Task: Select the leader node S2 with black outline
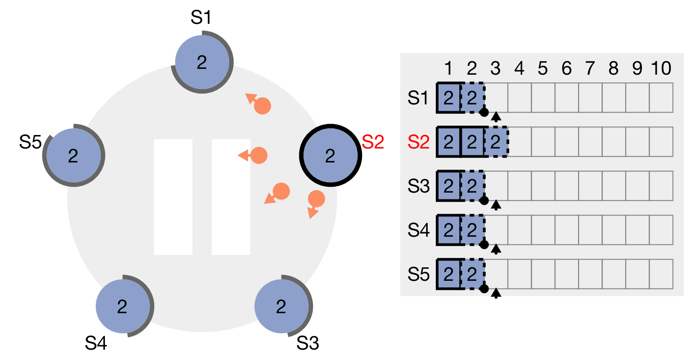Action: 330,155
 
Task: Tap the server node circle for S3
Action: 282,306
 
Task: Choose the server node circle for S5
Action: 73,155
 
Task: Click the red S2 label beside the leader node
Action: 373,142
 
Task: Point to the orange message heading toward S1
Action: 262,106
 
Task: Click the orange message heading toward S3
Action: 316,198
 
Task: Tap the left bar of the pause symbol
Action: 173,197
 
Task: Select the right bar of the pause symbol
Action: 231,197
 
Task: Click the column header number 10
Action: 661,68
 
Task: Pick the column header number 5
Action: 542,68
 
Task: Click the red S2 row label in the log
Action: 418,142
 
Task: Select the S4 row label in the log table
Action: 418,230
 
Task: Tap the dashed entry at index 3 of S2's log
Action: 496,142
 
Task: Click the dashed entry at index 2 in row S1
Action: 472,98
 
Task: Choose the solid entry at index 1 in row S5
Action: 448,274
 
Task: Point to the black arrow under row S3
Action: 496,205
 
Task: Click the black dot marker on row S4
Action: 484,244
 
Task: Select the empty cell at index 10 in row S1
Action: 661,98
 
